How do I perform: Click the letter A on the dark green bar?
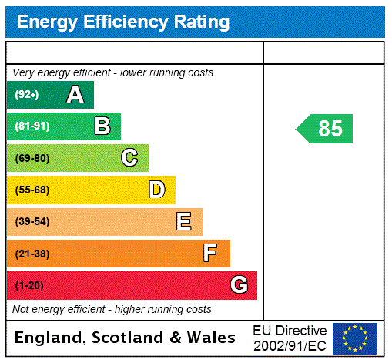[75, 95]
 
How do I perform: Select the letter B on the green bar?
[102, 126]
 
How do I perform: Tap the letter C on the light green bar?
[129, 158]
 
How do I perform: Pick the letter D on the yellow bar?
[156, 190]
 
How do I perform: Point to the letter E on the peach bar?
[184, 222]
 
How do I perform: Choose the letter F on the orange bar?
[210, 254]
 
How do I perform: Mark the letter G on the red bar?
[239, 286]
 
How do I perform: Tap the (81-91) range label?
[32, 126]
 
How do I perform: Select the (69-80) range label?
[32, 158]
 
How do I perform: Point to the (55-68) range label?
[32, 190]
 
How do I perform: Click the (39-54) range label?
[32, 222]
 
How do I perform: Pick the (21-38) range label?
[32, 254]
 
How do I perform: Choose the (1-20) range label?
[29, 286]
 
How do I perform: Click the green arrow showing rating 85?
[326, 128]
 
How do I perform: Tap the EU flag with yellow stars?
[355, 338]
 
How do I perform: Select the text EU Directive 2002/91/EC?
[290, 338]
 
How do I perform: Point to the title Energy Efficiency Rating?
[123, 22]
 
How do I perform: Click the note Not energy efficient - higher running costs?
[112, 309]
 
